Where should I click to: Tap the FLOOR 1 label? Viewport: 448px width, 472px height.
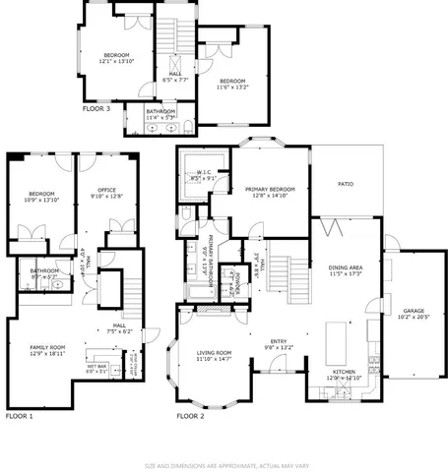(x=20, y=417)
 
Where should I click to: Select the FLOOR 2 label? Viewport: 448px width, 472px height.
(x=191, y=417)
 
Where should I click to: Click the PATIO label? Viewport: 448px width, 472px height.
(x=346, y=184)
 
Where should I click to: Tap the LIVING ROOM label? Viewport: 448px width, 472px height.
(x=214, y=352)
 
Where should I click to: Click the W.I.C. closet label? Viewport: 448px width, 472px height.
(x=206, y=172)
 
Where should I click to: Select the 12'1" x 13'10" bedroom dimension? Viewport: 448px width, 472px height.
(x=115, y=61)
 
